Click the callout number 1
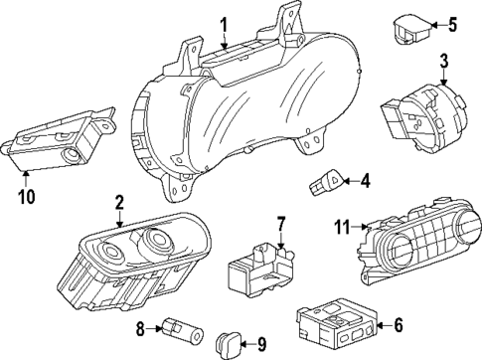(224, 24)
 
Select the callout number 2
(119, 203)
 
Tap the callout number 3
(444, 61)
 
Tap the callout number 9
(262, 347)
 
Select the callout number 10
(27, 196)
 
